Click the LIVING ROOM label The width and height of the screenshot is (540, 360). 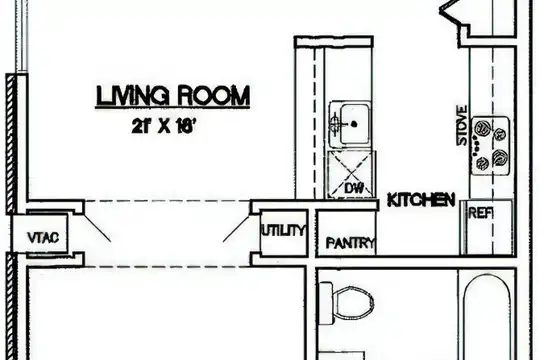[173, 95]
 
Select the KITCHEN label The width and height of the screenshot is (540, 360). [421, 200]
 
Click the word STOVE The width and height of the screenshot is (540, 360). [462, 125]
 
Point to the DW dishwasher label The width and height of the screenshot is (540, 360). [354, 188]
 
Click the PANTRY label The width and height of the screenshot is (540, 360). [350, 243]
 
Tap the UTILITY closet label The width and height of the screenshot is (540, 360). [284, 230]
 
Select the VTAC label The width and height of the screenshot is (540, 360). [43, 237]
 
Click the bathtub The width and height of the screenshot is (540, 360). [487, 317]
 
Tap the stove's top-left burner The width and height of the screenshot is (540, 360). [481, 129]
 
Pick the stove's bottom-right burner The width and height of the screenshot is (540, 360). [500, 157]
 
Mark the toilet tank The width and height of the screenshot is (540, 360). [326, 303]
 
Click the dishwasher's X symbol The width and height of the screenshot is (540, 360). [350, 174]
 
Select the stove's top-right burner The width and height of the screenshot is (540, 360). [499, 134]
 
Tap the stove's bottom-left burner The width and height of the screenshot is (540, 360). [482, 162]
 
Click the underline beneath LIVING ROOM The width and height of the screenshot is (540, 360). [173, 107]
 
